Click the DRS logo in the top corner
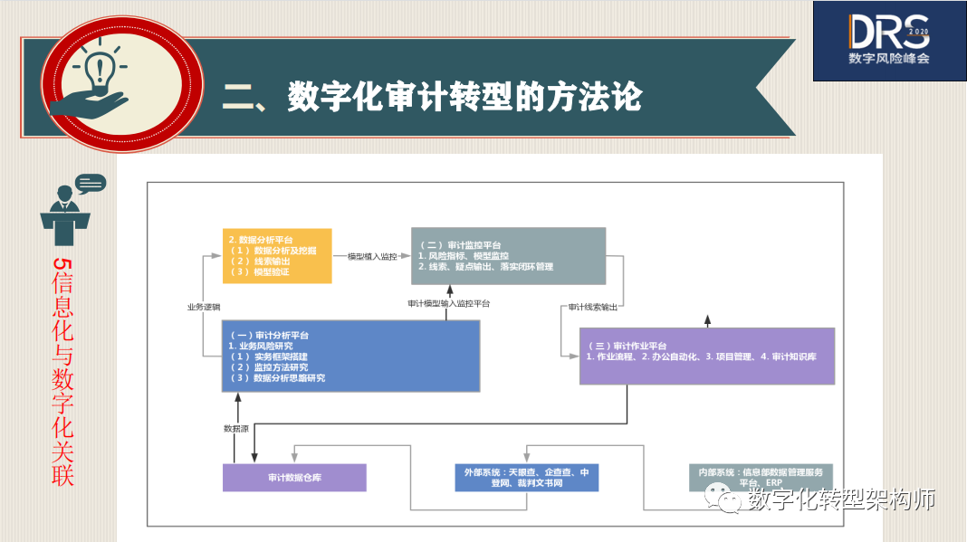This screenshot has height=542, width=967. click(x=888, y=33)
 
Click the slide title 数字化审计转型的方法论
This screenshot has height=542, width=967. click(x=432, y=96)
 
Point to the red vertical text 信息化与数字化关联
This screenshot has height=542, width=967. click(x=62, y=372)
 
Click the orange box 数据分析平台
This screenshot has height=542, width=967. click(x=277, y=256)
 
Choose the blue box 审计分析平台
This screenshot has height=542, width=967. click(x=350, y=356)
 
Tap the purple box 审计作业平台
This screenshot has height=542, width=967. click(x=706, y=356)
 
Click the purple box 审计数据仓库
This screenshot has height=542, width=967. click(x=294, y=478)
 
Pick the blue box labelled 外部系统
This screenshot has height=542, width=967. click(x=526, y=478)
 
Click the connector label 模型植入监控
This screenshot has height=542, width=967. click(x=371, y=256)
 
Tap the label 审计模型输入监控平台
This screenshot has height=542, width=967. click(x=448, y=303)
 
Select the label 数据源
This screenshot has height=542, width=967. click(x=235, y=428)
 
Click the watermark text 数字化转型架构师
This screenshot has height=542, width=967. click(x=842, y=499)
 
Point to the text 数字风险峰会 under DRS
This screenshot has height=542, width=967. click(x=888, y=58)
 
